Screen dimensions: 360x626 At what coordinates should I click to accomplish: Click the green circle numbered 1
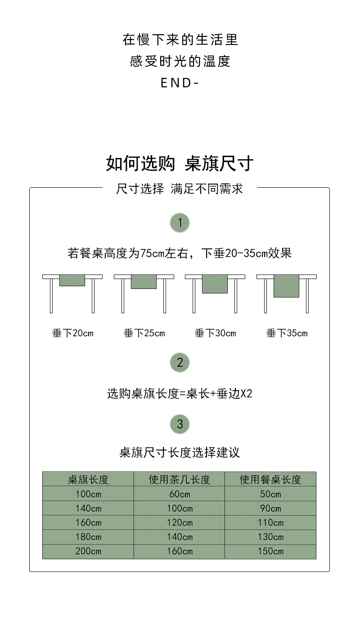[180, 222]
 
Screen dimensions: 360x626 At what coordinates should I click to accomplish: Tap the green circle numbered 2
[180, 362]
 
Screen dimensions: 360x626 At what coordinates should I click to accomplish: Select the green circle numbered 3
[180, 424]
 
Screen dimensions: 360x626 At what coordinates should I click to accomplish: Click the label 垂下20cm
[72, 333]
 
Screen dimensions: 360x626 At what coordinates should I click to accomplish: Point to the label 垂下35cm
[287, 333]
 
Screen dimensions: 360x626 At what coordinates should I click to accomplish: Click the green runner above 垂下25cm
[144, 282]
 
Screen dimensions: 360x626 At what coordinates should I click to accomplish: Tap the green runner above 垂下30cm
[215, 284]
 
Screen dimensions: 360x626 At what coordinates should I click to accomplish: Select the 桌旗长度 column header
[88, 480]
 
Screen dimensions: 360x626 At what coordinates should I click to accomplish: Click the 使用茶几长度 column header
[180, 480]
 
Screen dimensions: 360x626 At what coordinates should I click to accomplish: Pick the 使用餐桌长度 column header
[270, 480]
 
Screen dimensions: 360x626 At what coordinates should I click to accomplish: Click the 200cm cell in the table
[88, 551]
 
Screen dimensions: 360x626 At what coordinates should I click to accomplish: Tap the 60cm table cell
[180, 494]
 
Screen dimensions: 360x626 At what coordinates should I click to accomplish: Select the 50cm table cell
[270, 494]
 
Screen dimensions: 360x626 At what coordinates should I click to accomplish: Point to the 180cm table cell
[88, 537]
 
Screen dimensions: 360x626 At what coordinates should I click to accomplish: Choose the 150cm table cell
[270, 551]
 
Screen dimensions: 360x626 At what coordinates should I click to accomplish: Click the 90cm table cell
[270, 509]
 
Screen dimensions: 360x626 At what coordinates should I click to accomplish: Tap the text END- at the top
[180, 83]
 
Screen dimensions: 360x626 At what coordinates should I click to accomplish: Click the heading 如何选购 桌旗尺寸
[180, 163]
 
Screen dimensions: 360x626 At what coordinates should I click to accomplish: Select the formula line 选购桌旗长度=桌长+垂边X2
[180, 394]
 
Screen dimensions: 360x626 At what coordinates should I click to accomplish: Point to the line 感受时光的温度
[180, 61]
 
